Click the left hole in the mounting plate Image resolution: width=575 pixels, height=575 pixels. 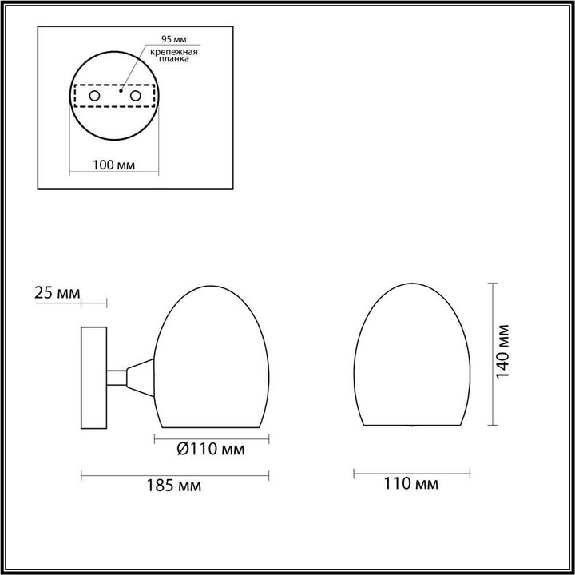[x=93, y=96]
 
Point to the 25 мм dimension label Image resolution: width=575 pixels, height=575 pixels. [x=57, y=293]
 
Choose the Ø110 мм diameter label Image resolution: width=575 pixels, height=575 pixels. [x=210, y=450]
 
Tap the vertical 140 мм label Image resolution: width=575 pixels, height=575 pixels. [x=504, y=352]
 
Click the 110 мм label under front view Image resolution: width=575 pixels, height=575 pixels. [x=411, y=484]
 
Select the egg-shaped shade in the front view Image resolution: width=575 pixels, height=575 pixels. [x=410, y=355]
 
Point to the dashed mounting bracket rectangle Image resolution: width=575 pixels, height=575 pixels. [x=113, y=96]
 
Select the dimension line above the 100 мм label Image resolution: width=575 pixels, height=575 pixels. [x=113, y=174]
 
